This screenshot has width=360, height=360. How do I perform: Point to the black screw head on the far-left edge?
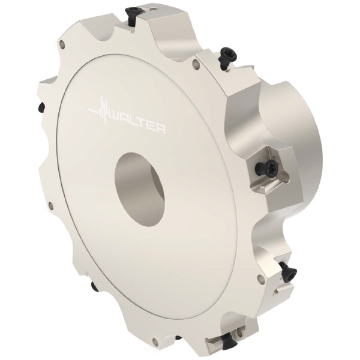coord(41,107)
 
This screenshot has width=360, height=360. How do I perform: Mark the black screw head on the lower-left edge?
coord(94,286)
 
